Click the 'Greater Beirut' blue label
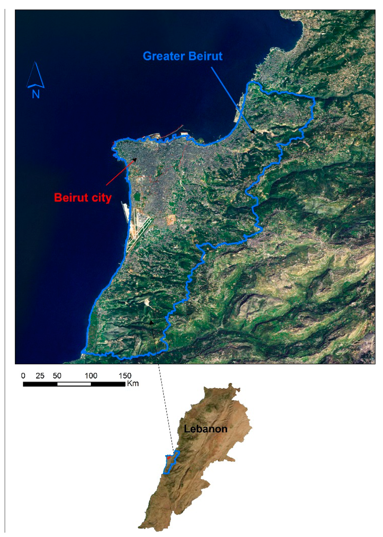[183, 56]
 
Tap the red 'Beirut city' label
[83, 197]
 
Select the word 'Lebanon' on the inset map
[205, 429]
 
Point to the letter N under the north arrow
[36, 94]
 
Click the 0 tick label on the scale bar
[23, 376]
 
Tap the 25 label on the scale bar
[40, 376]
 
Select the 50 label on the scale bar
[57, 376]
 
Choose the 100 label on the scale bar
[91, 376]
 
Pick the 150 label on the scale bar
[125, 376]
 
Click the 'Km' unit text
[133, 383]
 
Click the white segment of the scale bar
[74, 384]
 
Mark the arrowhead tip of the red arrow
[136, 159]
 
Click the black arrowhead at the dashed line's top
[151, 322]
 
